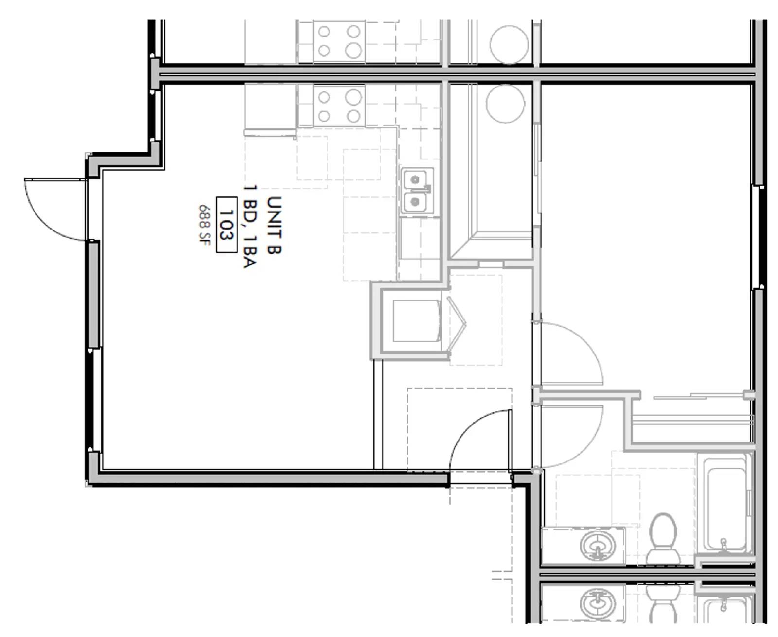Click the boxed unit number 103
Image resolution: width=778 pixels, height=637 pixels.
click(x=226, y=225)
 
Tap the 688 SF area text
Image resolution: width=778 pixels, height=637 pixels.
click(x=203, y=224)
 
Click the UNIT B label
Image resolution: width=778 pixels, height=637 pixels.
click(x=274, y=225)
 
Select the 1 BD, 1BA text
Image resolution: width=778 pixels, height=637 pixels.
click(x=250, y=226)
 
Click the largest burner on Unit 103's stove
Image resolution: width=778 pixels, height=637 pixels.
click(x=354, y=98)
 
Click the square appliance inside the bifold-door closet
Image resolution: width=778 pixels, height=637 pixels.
click(x=416, y=320)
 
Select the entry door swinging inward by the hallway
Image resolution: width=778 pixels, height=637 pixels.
click(x=479, y=440)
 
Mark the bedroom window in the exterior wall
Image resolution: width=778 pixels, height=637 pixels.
click(x=758, y=237)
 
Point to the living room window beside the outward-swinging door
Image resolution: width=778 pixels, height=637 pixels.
click(x=93, y=294)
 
